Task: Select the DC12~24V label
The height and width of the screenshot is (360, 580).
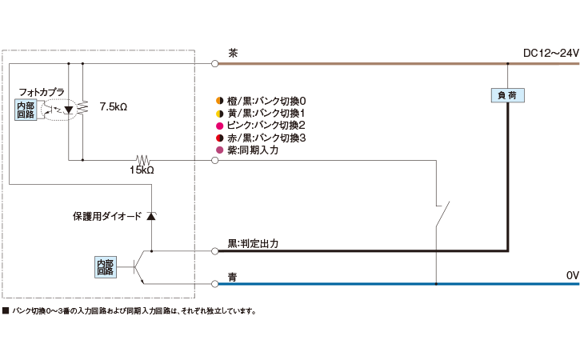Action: click(x=550, y=54)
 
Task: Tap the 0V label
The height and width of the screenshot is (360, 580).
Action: click(x=572, y=275)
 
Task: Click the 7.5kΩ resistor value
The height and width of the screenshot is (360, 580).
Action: click(x=114, y=106)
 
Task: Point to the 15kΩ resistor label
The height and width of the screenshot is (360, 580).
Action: click(x=142, y=170)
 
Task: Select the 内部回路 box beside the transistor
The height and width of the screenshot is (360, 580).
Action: click(x=106, y=266)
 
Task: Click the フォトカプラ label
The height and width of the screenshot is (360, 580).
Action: click(x=41, y=92)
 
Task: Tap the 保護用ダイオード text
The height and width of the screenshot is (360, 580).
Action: click(x=106, y=217)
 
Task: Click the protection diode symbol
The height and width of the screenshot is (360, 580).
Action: click(x=151, y=217)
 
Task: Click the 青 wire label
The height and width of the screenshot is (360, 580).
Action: click(x=233, y=277)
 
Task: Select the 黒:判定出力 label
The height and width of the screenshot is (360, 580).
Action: click(x=253, y=242)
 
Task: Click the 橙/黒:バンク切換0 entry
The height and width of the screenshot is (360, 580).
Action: click(x=261, y=101)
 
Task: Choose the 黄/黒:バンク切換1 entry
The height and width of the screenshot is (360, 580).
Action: click(x=261, y=114)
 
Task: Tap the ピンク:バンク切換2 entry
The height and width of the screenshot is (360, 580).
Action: click(x=261, y=126)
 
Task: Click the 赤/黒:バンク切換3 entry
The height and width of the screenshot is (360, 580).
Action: click(x=261, y=138)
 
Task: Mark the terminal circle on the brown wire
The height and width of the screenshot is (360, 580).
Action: click(x=215, y=62)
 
